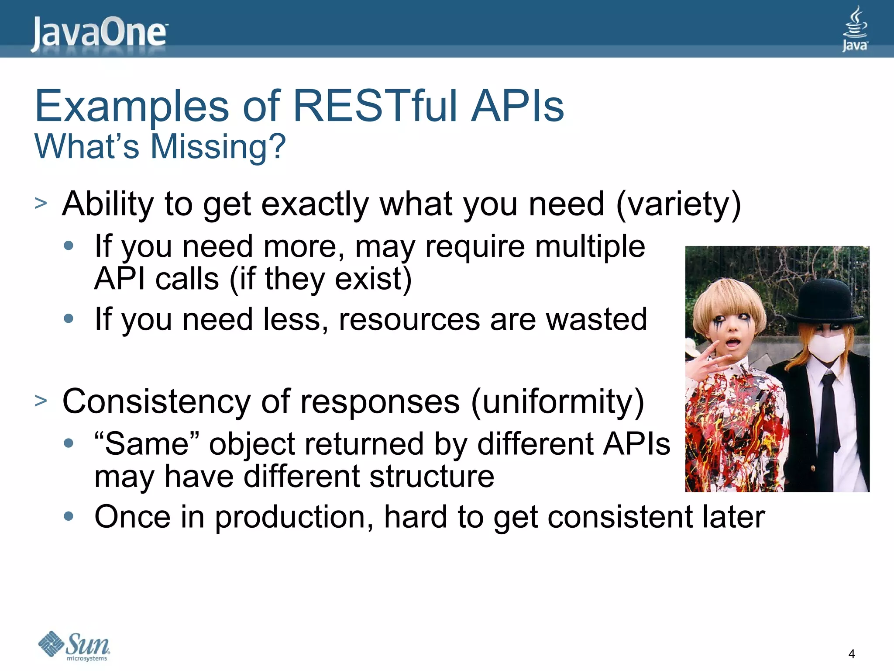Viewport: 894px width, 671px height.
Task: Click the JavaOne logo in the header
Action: click(99, 33)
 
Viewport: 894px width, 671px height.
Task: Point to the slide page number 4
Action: click(851, 654)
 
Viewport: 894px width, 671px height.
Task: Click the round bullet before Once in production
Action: click(69, 516)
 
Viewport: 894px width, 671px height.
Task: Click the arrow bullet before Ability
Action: click(41, 203)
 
